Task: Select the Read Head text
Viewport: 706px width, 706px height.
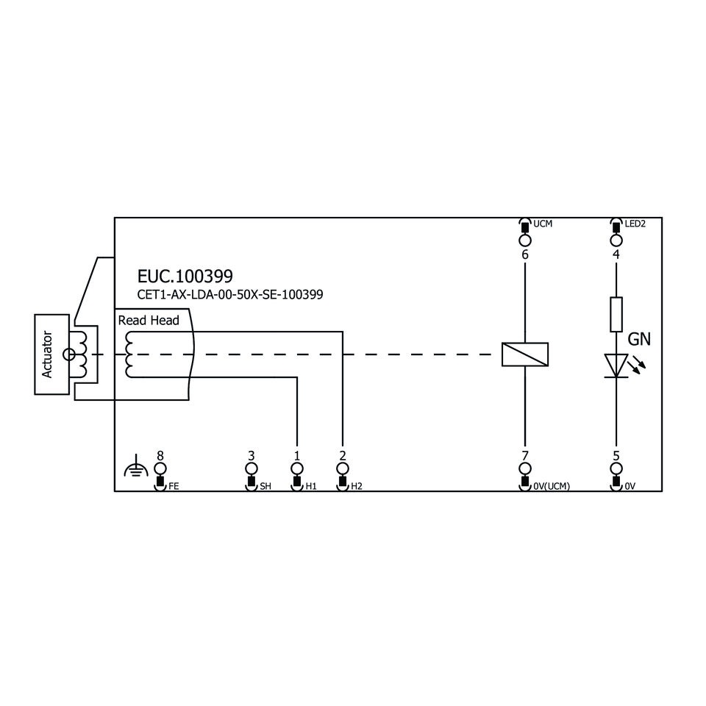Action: (149, 321)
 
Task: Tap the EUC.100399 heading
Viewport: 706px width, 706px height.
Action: (185, 276)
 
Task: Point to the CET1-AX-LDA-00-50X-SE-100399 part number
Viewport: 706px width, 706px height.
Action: (230, 294)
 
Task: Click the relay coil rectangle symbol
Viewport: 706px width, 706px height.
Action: (524, 354)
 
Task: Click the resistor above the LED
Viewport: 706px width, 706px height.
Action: (616, 314)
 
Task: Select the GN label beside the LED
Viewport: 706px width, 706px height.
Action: (639, 340)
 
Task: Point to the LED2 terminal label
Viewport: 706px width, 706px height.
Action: (635, 223)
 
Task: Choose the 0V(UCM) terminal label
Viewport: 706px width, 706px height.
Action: (553, 486)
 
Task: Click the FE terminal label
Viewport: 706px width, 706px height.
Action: (174, 486)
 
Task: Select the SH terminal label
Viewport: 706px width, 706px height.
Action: (265, 486)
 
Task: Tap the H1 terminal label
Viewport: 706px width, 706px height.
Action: (311, 486)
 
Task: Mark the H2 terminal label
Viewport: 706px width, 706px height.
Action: (357, 486)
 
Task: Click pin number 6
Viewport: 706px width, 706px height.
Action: (524, 255)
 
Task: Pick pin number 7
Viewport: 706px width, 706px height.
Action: (524, 455)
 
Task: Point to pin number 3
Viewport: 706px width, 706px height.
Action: (251, 455)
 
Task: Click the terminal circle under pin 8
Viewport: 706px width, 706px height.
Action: (160, 468)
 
